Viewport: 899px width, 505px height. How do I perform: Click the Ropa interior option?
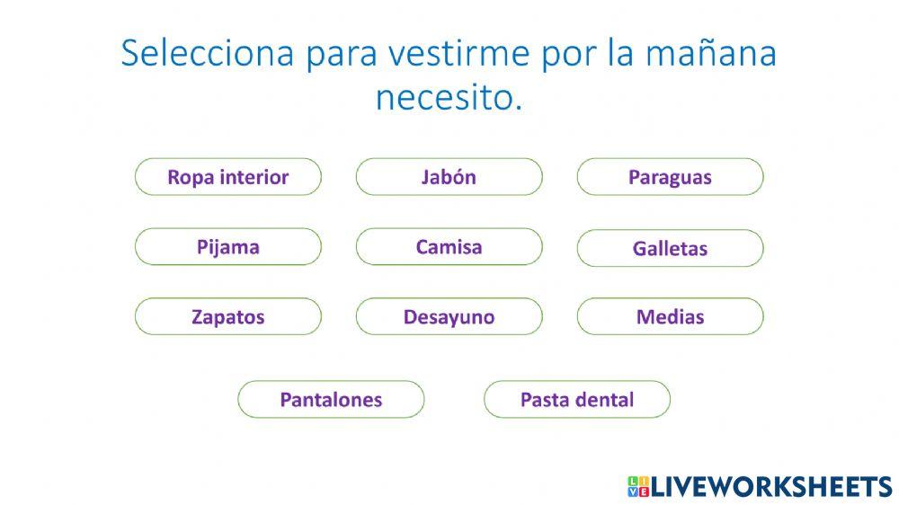pos(227,177)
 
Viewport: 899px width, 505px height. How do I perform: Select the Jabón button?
pos(449,177)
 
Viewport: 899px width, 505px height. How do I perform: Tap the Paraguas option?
pos(670,177)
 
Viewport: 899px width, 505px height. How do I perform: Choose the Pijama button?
pos(227,247)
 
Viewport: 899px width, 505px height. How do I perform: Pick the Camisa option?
pos(449,247)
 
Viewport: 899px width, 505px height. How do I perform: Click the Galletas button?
pos(670,248)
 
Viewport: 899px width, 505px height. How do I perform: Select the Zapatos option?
pos(227,316)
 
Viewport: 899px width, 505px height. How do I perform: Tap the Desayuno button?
pos(449,316)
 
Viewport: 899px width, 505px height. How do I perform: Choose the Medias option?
pos(670,316)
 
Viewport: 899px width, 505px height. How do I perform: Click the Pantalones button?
pos(331,399)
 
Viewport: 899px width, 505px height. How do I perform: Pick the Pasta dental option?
pos(577,399)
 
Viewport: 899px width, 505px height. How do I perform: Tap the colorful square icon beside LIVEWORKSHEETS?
pos(637,487)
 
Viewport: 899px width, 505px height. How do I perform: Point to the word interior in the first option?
pos(254,177)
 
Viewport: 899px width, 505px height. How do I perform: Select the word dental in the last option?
pos(606,399)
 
